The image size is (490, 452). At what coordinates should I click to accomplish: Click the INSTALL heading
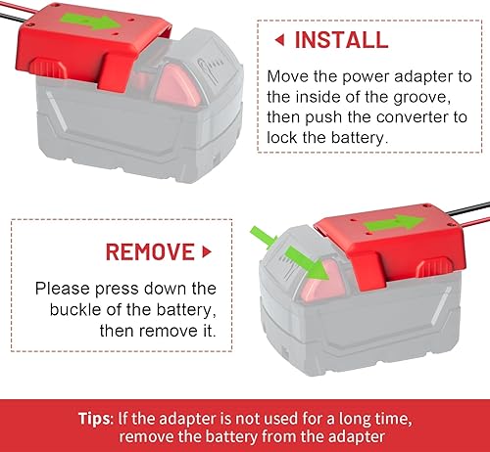pos(341,40)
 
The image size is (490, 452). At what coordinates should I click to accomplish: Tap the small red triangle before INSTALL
pos(279,40)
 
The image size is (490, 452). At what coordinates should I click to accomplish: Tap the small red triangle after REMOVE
pos(206,251)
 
